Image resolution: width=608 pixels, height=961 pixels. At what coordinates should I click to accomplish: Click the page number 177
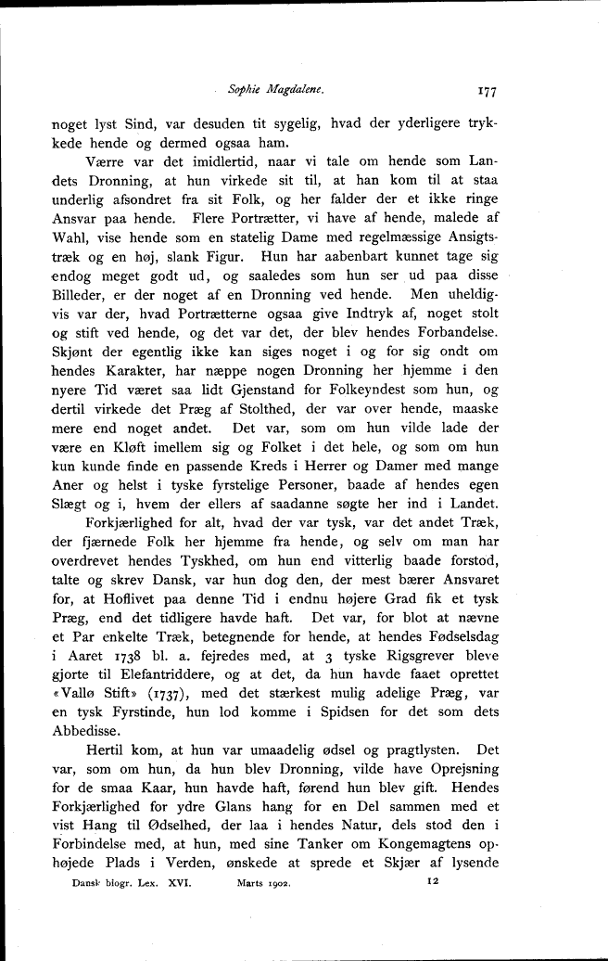click(488, 91)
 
